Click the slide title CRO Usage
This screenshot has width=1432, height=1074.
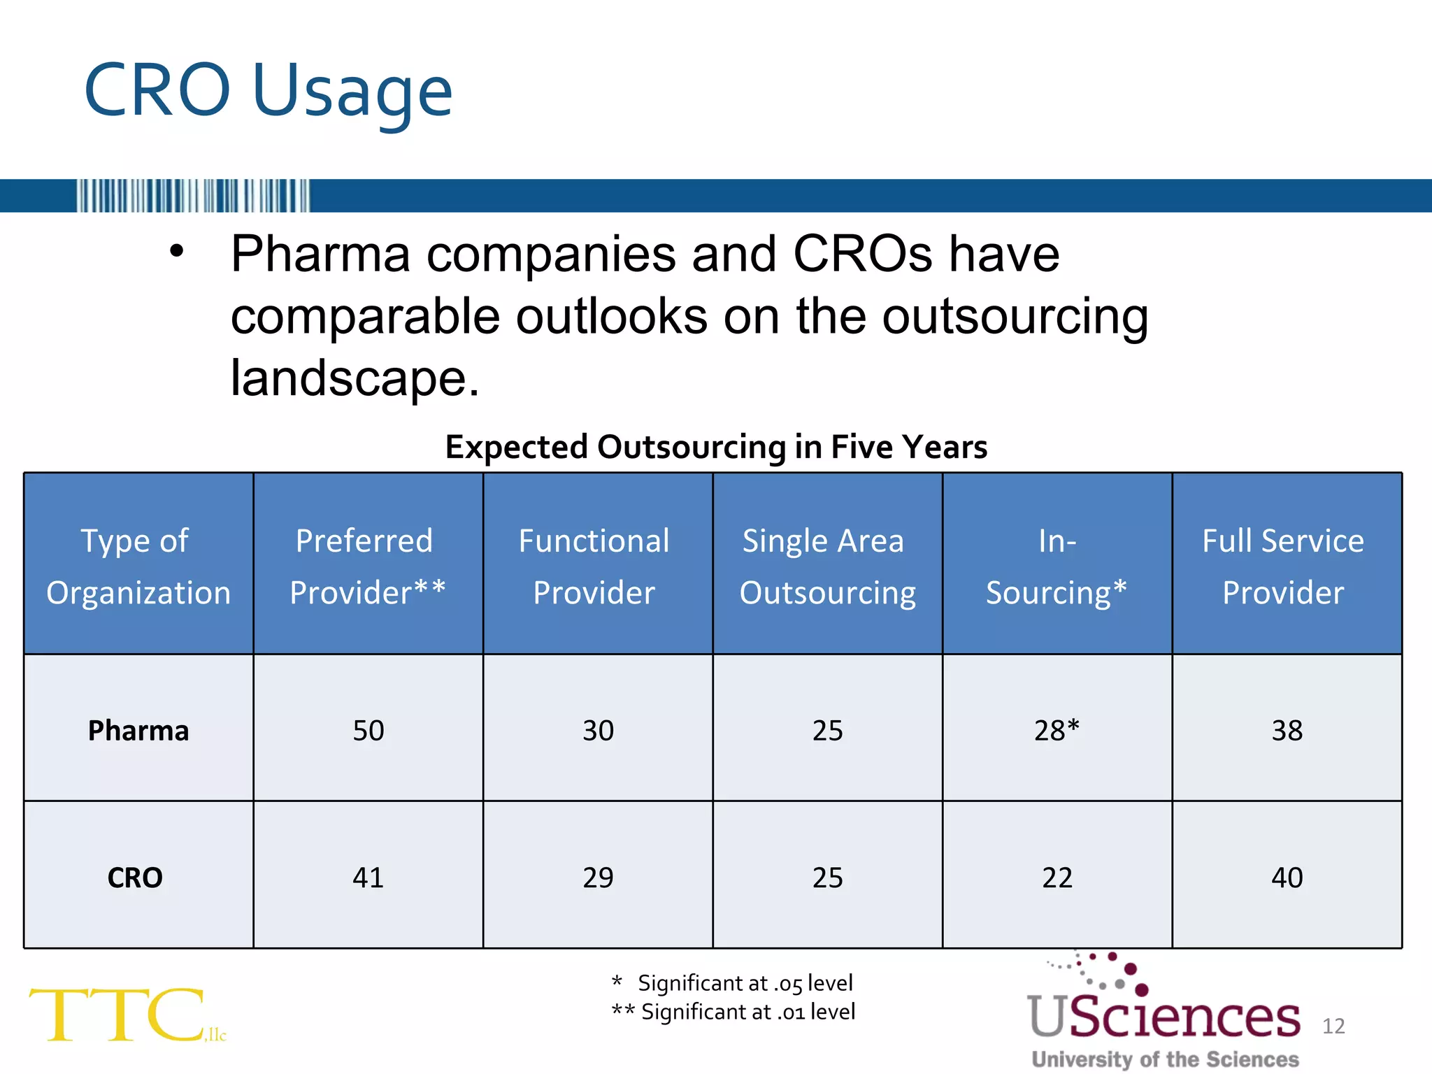[268, 91]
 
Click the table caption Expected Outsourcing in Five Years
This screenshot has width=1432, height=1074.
[716, 447]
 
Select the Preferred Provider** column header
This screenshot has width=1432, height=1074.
[368, 566]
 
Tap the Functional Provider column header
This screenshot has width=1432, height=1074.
[597, 566]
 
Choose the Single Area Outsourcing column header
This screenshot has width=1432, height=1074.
[827, 566]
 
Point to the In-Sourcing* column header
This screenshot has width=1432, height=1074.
[1057, 566]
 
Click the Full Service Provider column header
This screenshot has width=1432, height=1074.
[1286, 566]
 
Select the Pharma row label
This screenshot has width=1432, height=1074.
[138, 731]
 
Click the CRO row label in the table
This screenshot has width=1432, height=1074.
[135, 878]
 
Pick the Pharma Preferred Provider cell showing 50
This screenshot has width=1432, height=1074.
[368, 731]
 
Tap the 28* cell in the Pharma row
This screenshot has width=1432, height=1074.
[1057, 731]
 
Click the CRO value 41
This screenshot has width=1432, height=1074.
[368, 878]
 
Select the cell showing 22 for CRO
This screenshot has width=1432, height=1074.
[1057, 878]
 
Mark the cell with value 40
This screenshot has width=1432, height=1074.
[1287, 878]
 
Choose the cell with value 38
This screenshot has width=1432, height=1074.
[1287, 731]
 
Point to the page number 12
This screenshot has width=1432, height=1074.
[1333, 1026]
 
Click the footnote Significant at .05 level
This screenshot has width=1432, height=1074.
[744, 983]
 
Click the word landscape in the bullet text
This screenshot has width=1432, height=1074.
[355, 378]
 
